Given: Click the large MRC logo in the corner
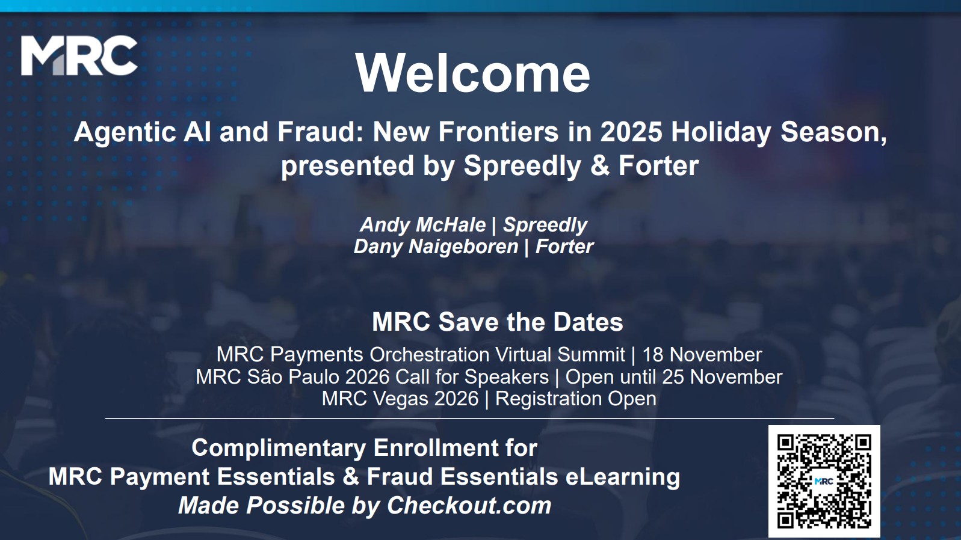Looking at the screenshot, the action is pyautogui.click(x=79, y=56).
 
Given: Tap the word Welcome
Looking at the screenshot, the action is pyautogui.click(x=473, y=73).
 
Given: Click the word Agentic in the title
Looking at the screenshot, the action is pyautogui.click(x=125, y=132).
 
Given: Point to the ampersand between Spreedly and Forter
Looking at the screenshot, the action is pyautogui.click(x=600, y=165).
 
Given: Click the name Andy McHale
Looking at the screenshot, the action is pyautogui.click(x=423, y=225).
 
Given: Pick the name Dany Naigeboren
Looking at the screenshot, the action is pyautogui.click(x=436, y=247).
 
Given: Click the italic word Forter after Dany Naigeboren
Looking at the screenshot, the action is pyautogui.click(x=564, y=247).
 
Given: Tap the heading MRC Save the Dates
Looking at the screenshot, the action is pyautogui.click(x=497, y=322).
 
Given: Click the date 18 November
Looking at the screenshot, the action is pyautogui.click(x=702, y=355).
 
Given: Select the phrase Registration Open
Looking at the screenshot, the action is pyautogui.click(x=576, y=399).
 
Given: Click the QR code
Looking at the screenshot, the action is pyautogui.click(x=824, y=481).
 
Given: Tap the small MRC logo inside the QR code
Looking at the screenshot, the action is pyautogui.click(x=824, y=481).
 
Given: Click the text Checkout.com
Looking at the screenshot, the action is pyautogui.click(x=469, y=506).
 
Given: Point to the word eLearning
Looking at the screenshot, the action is pyautogui.click(x=622, y=477).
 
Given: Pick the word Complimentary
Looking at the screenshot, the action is pyautogui.click(x=279, y=448).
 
